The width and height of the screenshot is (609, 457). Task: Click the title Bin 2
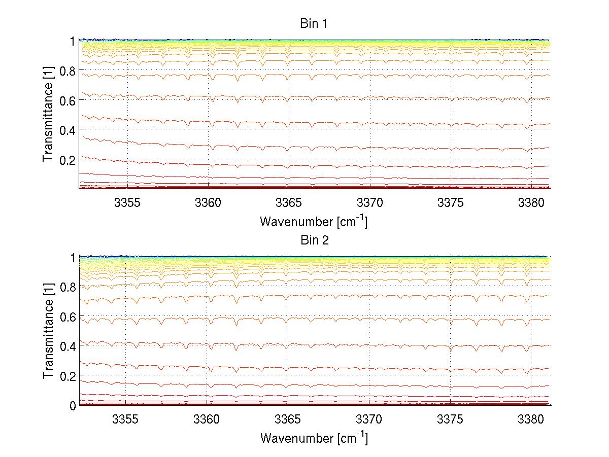tap(315, 240)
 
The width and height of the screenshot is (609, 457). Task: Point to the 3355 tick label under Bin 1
tap(127, 203)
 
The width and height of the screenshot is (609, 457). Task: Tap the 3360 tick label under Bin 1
tap(208, 203)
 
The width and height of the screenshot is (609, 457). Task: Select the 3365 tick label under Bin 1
tap(289, 203)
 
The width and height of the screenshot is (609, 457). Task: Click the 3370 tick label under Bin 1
tap(370, 203)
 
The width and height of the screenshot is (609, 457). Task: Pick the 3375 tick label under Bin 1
tap(451, 203)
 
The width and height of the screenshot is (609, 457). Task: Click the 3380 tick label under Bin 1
tap(531, 203)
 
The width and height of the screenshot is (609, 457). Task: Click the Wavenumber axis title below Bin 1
tap(314, 221)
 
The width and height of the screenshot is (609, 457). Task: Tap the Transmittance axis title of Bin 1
tap(48, 115)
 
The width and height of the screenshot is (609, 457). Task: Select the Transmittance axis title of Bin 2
tap(48, 332)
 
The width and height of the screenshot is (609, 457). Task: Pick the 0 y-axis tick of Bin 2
tap(73, 405)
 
